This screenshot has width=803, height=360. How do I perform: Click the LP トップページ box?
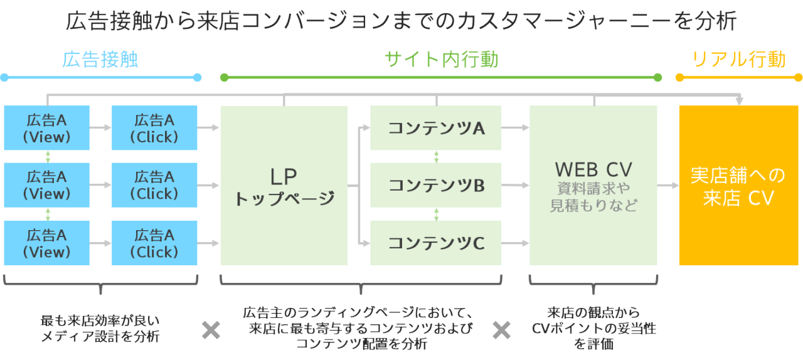[x=284, y=186]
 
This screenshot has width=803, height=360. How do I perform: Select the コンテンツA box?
[x=436, y=128]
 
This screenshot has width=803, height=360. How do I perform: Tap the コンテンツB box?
[x=436, y=185]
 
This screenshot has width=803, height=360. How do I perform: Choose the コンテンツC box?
[x=436, y=243]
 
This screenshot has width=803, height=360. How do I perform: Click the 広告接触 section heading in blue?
[x=100, y=60]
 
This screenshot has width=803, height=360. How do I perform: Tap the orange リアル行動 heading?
[x=738, y=60]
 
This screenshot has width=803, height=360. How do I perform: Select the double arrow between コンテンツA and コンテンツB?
[x=436, y=156]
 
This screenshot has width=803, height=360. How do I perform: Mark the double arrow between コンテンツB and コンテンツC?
[x=436, y=214]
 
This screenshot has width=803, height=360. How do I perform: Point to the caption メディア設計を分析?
[x=100, y=337]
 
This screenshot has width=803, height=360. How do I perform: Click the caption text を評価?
[x=593, y=344]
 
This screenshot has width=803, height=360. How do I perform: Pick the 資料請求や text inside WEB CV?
[x=593, y=188]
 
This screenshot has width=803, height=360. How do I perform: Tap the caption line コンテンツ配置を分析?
[x=361, y=344]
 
